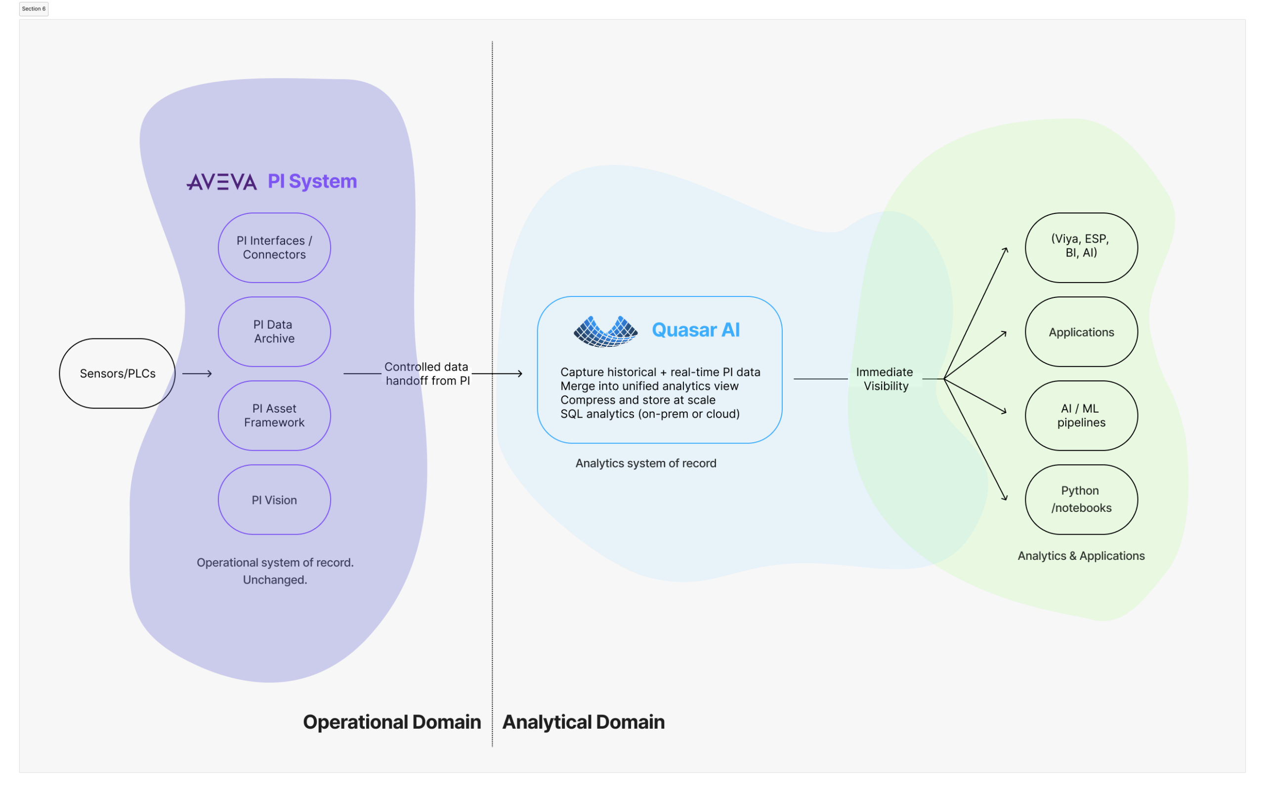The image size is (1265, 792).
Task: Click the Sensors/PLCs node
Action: point(117,374)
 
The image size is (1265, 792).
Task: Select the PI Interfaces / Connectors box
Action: point(274,248)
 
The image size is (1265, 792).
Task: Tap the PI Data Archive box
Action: point(274,332)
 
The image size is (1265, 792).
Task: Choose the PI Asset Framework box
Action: point(274,416)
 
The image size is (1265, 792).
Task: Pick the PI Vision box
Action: point(274,500)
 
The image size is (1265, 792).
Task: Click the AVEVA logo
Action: point(221,182)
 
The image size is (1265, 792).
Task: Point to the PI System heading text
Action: point(312,181)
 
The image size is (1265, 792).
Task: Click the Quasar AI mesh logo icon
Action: point(605,331)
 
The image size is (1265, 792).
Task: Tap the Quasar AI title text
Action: point(696,330)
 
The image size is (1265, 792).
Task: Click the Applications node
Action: point(1081,332)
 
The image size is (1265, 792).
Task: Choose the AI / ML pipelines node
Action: point(1081,416)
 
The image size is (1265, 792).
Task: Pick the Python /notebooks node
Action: point(1081,500)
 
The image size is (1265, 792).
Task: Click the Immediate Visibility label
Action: point(885,379)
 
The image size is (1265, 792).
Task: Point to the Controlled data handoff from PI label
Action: point(427,374)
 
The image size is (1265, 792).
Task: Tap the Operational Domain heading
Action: point(392,722)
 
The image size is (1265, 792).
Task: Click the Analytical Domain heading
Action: point(584,722)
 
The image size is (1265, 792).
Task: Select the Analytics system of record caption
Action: point(646,463)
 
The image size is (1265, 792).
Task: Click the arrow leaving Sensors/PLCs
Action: point(197,374)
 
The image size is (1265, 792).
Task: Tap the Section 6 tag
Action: point(34,9)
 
